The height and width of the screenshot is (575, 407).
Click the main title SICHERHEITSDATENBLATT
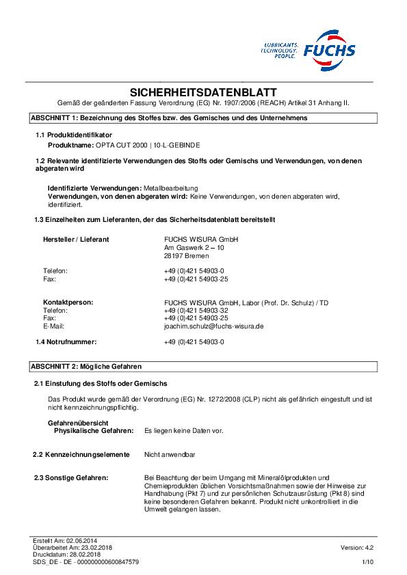203,92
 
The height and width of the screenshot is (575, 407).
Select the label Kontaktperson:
68,302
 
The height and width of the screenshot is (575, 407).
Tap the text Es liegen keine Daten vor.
183,431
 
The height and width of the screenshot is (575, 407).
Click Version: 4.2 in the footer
357,548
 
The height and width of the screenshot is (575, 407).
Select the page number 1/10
367,561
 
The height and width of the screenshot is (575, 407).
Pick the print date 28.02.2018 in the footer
87,555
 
